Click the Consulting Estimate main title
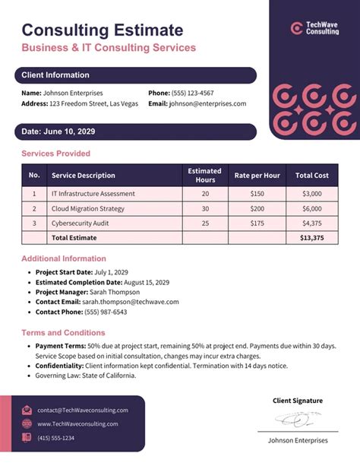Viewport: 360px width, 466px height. pyautogui.click(x=102, y=30)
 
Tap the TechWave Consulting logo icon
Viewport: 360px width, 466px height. pyautogui.click(x=296, y=28)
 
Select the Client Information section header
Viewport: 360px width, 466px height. pyautogui.click(x=55, y=75)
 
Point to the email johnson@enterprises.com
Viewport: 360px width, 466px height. pyautogui.click(x=207, y=104)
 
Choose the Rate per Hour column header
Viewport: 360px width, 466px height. pyautogui.click(x=257, y=176)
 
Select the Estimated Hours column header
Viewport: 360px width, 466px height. pyautogui.click(x=205, y=176)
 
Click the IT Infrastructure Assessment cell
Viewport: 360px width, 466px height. pyautogui.click(x=93, y=194)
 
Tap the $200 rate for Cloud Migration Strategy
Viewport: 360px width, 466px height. pyautogui.click(x=257, y=208)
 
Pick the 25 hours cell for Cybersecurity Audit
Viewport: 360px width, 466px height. pyautogui.click(x=205, y=223)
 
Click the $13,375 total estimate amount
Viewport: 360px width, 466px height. pyautogui.click(x=311, y=238)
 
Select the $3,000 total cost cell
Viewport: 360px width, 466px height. pyautogui.click(x=311, y=194)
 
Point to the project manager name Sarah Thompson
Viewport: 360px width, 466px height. pyautogui.click(x=115, y=292)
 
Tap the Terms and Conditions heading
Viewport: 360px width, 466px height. pyautogui.click(x=63, y=333)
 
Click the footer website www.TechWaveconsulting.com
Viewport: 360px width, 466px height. pyautogui.click(x=77, y=423)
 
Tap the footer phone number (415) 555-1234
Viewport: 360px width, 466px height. pyautogui.click(x=55, y=438)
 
